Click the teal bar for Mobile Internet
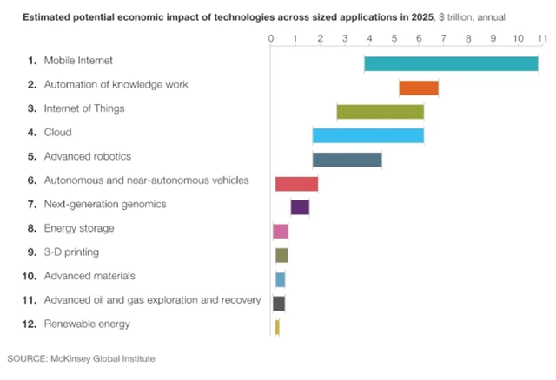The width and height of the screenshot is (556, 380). [451, 63]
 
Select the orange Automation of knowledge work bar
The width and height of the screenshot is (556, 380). [419, 87]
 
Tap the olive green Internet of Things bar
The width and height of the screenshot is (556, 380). [380, 111]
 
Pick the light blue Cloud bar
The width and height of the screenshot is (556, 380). [367, 135]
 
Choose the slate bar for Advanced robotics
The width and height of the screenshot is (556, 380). [347, 159]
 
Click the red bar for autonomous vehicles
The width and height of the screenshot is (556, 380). [296, 183]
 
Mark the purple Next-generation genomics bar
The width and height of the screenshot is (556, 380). [300, 206]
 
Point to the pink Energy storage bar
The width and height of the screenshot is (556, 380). [280, 231]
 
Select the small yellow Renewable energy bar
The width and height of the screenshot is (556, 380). [277, 326]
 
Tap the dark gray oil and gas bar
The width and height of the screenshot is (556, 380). [279, 303]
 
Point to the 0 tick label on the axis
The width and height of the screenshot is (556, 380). [271, 39]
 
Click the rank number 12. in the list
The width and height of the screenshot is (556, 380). [27, 324]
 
